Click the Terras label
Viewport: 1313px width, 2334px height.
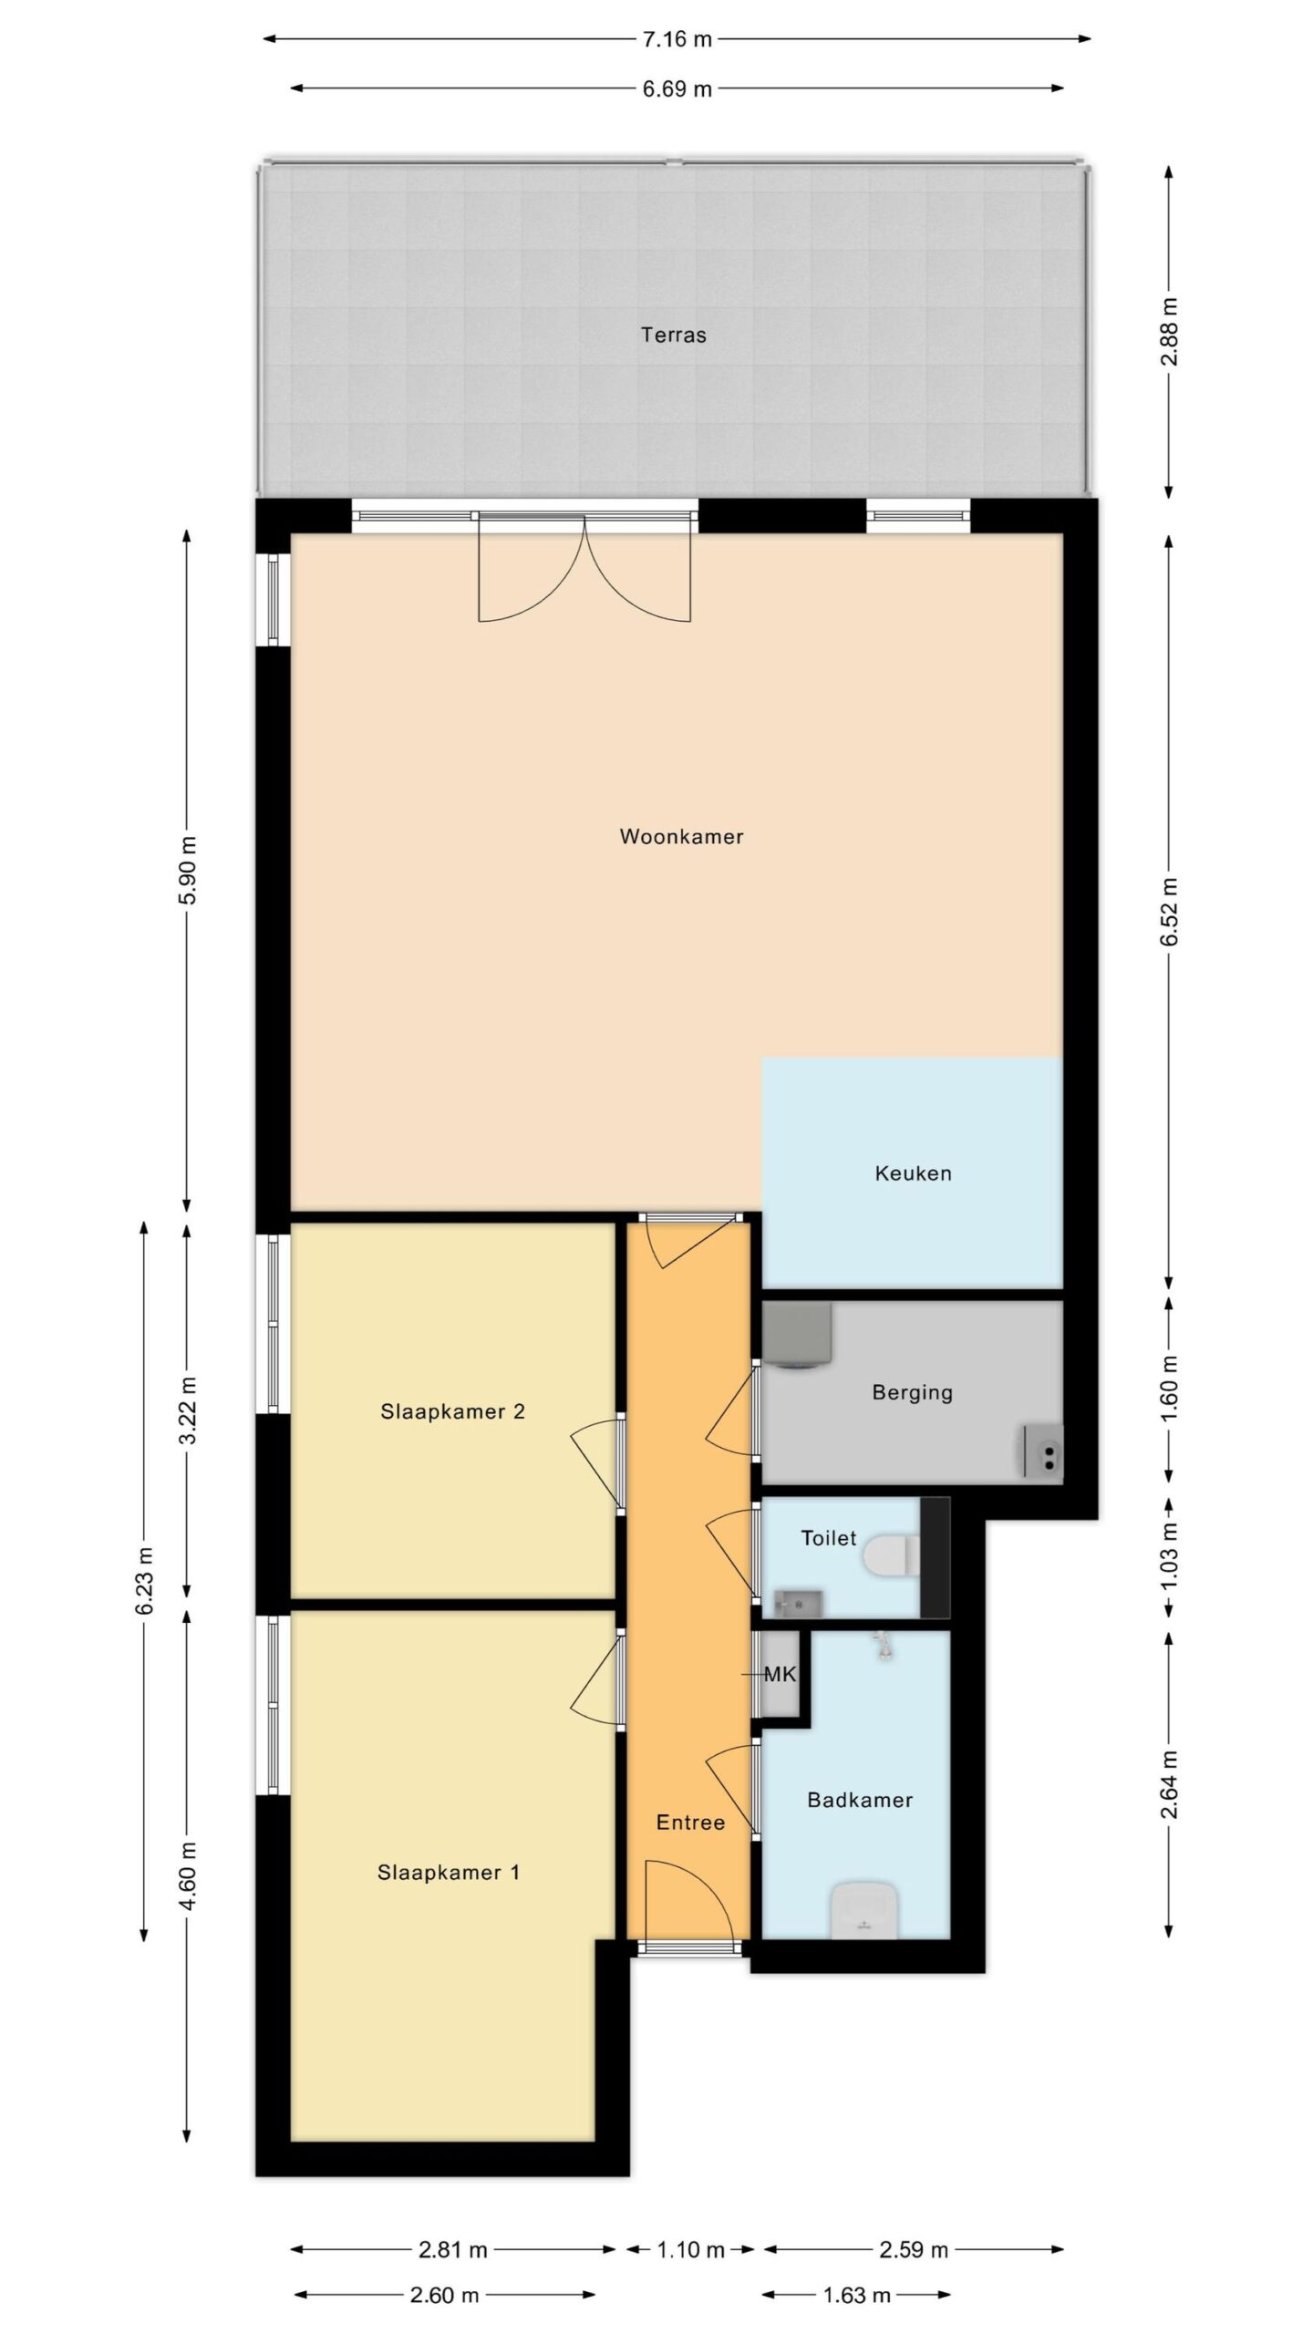click(x=673, y=335)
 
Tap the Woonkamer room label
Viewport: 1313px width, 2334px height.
click(x=681, y=836)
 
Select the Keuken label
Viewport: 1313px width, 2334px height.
click(x=913, y=1173)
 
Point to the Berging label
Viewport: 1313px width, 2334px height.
click(x=912, y=1392)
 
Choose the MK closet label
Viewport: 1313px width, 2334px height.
click(x=781, y=1674)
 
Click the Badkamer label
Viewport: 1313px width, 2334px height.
click(x=860, y=1800)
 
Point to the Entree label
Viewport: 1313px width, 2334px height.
click(x=690, y=1823)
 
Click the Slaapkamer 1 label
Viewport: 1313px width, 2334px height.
click(x=449, y=1873)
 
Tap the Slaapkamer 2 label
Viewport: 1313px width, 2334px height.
click(x=452, y=1412)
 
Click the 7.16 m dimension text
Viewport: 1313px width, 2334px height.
click(x=677, y=39)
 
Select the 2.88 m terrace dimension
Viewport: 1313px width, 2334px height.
click(x=1170, y=332)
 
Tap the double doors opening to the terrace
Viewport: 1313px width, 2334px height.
click(x=584, y=567)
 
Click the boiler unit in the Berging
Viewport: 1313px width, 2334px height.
click(x=797, y=1336)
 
